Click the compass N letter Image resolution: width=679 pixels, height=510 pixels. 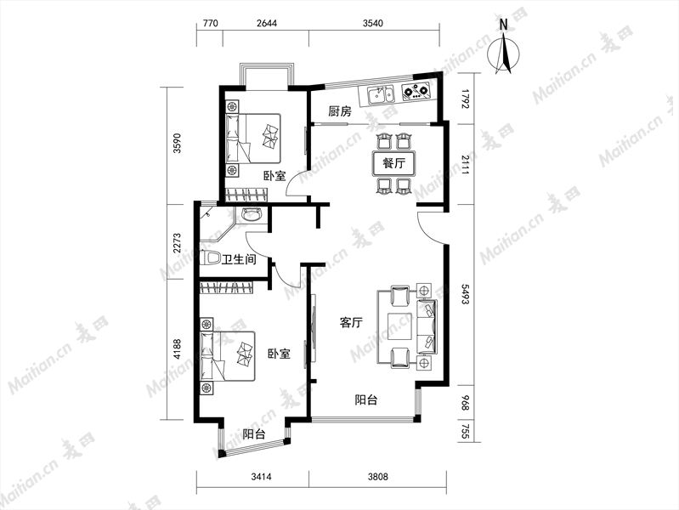pyautogui.click(x=503, y=25)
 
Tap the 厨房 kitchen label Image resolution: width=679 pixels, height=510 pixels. pyautogui.click(x=340, y=112)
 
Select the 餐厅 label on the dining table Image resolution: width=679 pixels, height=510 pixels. pyautogui.click(x=393, y=163)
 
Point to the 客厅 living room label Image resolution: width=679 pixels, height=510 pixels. pyautogui.click(x=351, y=322)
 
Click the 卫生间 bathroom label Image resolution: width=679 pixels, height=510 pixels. pyautogui.click(x=239, y=259)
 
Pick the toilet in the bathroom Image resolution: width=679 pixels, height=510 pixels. pyautogui.click(x=212, y=258)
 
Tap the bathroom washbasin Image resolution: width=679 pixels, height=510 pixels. pyautogui.click(x=252, y=214)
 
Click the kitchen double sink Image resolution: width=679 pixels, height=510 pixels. pyautogui.click(x=381, y=94)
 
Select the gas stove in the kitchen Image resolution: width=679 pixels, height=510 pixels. pyautogui.click(x=416, y=92)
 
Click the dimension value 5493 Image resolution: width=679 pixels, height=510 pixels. pyautogui.click(x=465, y=294)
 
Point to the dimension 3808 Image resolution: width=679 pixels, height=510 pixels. pyautogui.click(x=377, y=477)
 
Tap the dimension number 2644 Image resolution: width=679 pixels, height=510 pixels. pyautogui.click(x=266, y=23)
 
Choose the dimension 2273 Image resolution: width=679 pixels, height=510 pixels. pyautogui.click(x=177, y=244)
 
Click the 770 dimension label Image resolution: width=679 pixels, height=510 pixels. pyautogui.click(x=210, y=23)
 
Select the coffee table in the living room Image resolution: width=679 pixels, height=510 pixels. pyautogui.click(x=399, y=326)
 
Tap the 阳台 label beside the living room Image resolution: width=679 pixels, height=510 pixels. pyautogui.click(x=366, y=399)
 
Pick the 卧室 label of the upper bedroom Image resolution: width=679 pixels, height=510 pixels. pyautogui.click(x=274, y=176)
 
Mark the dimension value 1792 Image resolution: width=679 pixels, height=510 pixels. pyautogui.click(x=465, y=99)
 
